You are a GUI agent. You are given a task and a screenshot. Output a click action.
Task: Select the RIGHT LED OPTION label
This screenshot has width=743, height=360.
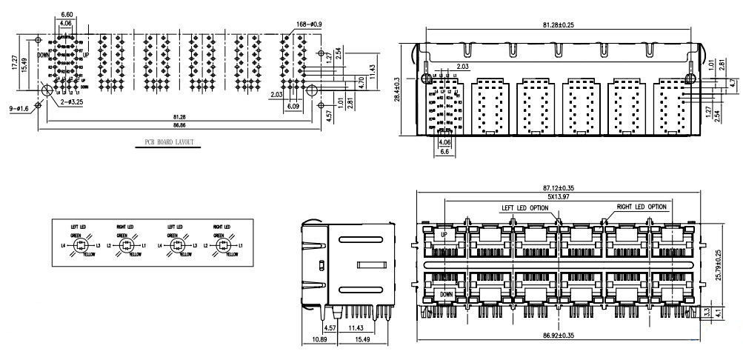click(x=641, y=207)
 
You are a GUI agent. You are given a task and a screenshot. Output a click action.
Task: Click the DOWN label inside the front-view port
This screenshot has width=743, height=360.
click(x=446, y=294)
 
